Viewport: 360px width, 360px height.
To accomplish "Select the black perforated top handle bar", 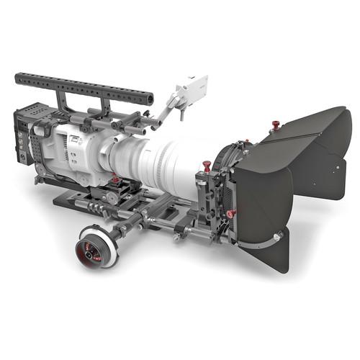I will (83, 87).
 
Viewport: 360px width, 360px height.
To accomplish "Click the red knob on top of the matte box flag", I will (275, 125).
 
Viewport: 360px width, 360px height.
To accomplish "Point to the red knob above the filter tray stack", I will (207, 166).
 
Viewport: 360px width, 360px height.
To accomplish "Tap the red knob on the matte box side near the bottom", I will (231, 213).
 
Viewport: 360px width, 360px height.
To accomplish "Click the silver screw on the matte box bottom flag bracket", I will (278, 235).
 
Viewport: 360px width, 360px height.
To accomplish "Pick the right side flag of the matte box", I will (328, 162).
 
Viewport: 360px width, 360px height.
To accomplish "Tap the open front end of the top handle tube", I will (150, 99).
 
